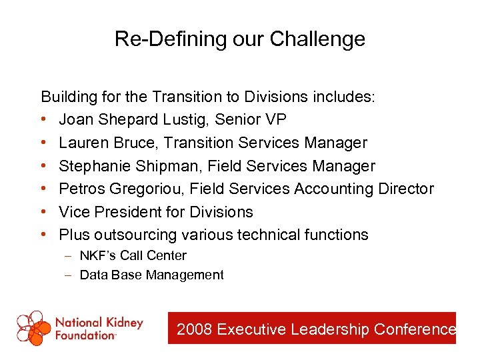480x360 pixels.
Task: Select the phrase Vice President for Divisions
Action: (156, 212)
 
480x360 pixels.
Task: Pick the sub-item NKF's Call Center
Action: (133, 255)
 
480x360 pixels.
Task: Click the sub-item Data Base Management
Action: (151, 275)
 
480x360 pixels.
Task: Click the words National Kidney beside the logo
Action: (99, 323)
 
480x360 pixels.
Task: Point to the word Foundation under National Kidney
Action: (85, 335)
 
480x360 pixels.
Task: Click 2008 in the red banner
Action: (195, 329)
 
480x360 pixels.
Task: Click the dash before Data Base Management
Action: (69, 275)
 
